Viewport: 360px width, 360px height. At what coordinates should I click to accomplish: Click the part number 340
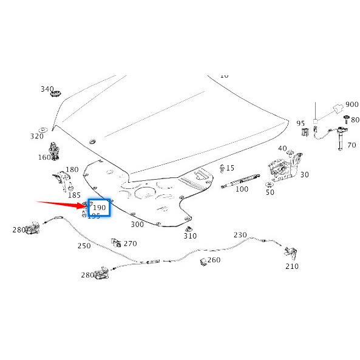point(47,89)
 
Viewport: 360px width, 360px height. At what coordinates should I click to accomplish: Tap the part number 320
point(38,136)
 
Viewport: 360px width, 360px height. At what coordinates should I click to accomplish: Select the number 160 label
point(44,157)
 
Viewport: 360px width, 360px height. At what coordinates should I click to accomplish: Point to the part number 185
point(74,195)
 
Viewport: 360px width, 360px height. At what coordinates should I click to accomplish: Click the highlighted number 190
point(99,208)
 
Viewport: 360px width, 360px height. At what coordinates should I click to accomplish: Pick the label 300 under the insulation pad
point(137,224)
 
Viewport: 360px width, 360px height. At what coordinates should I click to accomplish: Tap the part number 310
point(190,236)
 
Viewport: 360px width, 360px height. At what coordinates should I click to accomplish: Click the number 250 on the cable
point(84,246)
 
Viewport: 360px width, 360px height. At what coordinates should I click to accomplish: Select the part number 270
point(130,243)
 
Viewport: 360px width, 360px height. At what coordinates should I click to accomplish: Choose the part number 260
point(214,260)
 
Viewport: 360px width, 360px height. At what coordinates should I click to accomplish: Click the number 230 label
point(240,235)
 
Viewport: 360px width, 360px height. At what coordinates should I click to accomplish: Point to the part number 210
point(292,266)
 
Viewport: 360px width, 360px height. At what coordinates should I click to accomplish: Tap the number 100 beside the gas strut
point(242,189)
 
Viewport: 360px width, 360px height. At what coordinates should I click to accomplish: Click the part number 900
point(352,104)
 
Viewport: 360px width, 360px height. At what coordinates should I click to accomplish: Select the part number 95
point(301,123)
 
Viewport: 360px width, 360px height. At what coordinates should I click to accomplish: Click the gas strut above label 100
point(243,180)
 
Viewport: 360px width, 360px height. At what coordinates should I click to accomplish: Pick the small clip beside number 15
point(222,168)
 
